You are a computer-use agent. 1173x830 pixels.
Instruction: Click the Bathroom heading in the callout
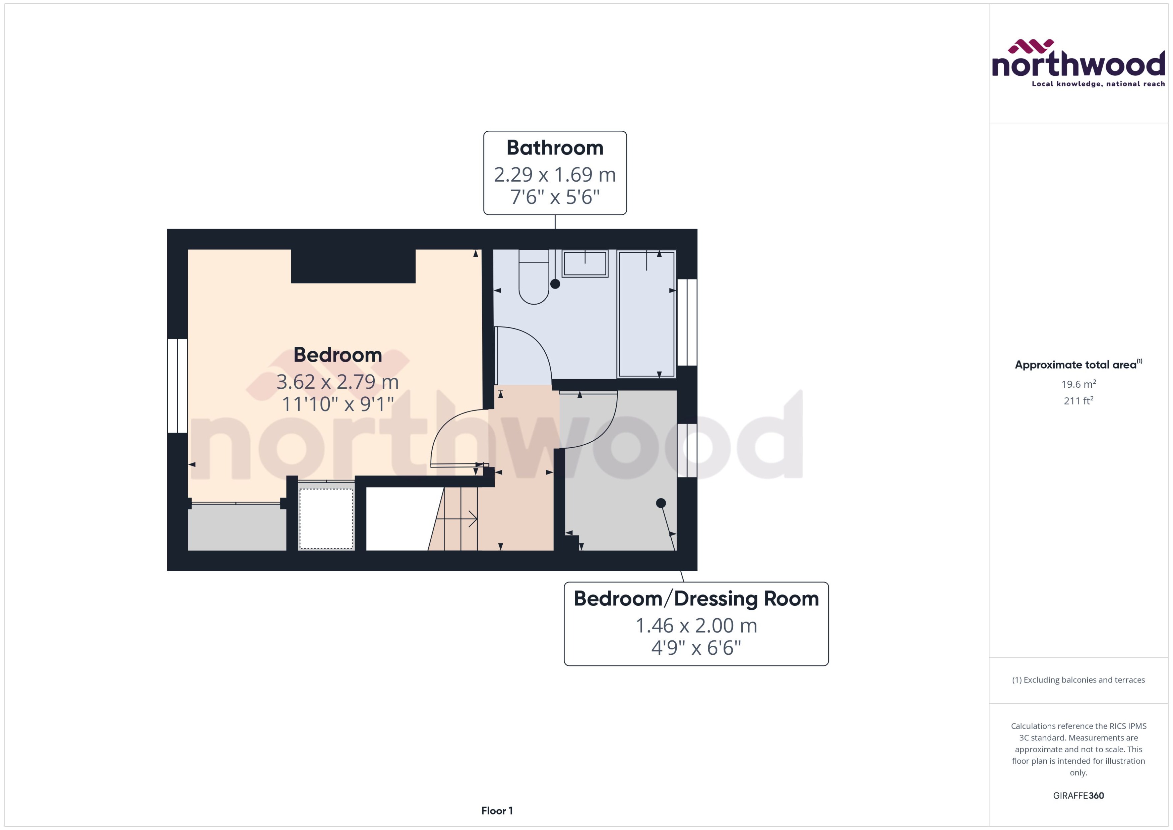click(x=555, y=148)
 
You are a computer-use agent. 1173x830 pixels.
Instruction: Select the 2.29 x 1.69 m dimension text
click(x=555, y=175)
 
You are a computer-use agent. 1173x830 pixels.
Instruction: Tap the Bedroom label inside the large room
click(x=337, y=355)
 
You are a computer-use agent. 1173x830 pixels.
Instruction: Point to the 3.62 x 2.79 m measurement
click(x=337, y=382)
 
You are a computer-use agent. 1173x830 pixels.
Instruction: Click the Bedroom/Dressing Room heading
click(x=696, y=598)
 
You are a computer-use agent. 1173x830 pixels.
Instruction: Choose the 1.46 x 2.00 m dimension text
click(x=696, y=626)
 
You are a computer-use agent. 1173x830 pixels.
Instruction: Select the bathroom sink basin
click(x=585, y=264)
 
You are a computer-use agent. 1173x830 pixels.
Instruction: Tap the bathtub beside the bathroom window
click(x=646, y=314)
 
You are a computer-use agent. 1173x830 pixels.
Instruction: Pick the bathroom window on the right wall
click(x=687, y=322)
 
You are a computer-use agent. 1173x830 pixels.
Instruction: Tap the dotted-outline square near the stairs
click(x=326, y=519)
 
